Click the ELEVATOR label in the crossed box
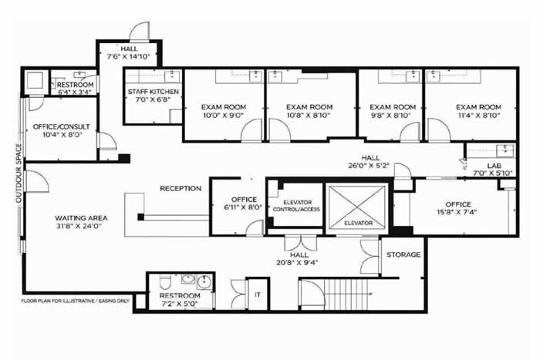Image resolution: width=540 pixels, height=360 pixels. coord(358,223)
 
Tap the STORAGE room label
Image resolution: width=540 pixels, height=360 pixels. coord(403,254)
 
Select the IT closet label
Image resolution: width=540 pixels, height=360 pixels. coord(257,294)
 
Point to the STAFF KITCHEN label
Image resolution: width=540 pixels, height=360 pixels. coord(154,92)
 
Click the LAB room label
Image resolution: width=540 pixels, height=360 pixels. coord(494,166)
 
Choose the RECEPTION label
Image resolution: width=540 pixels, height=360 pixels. coord(181,189)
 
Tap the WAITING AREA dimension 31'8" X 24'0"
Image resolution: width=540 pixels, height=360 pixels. coord(79,227)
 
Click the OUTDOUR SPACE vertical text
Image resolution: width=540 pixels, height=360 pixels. coord(19,173)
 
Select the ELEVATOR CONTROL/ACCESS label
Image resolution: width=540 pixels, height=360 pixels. coord(296,206)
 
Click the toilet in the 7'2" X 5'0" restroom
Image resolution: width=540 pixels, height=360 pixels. coord(164,282)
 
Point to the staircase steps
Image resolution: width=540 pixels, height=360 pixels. coord(346,294)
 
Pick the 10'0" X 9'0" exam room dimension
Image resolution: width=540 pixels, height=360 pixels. coord(224,116)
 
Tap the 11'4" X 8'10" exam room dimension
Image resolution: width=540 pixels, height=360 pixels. coord(478,116)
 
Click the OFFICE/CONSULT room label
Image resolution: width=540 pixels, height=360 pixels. coord(61,126)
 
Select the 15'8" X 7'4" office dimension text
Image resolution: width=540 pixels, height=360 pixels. coord(457,212)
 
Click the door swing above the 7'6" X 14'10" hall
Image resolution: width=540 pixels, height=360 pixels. coord(140,32)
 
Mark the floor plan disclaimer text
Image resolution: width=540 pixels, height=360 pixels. coord(76,301)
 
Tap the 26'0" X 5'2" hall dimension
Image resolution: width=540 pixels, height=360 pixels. coord(369,166)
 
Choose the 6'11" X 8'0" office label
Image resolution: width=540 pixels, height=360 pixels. coord(244,200)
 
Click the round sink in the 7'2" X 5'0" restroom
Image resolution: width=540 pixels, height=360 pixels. coord(204,282)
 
